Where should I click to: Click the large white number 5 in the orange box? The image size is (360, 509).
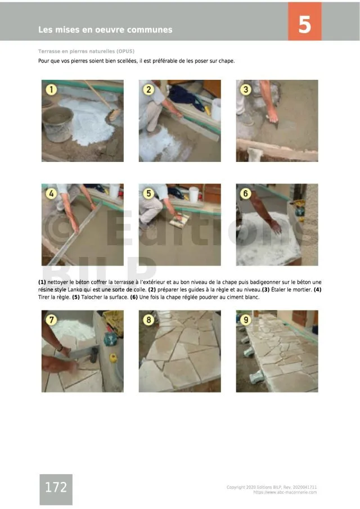click(304, 24)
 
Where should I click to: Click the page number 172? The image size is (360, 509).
click(56, 487)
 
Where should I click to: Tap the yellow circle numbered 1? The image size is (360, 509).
click(51, 89)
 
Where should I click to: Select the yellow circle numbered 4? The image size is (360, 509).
click(51, 193)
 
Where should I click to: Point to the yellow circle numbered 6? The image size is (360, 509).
click(246, 193)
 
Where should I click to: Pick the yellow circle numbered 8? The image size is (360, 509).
click(148, 320)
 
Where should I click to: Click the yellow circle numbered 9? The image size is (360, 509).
click(246, 320)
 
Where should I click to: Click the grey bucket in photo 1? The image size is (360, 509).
click(58, 124)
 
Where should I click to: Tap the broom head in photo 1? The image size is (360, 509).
click(114, 114)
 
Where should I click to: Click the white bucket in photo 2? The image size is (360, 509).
click(216, 110)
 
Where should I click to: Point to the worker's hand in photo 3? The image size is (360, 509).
click(272, 115)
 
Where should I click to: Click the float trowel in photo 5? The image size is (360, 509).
click(179, 220)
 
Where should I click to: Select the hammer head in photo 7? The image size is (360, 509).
click(94, 354)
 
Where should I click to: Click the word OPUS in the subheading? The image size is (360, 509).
click(125, 51)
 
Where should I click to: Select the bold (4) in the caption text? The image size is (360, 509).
click(317, 290)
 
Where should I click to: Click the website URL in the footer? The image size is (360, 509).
click(285, 493)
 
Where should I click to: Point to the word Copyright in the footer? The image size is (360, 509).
click(236, 487)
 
